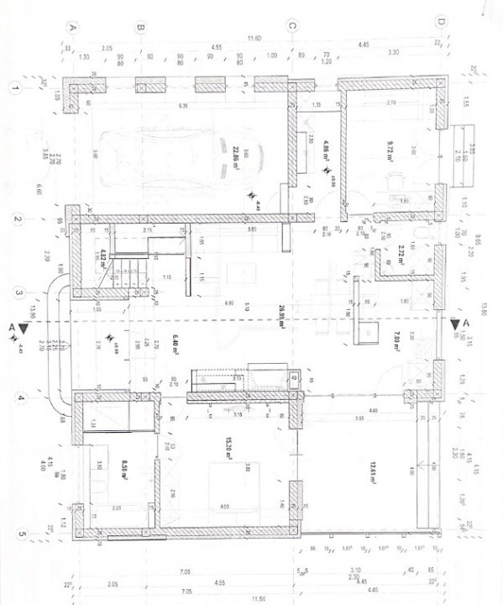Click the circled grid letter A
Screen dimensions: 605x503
pyautogui.click(x=73, y=27)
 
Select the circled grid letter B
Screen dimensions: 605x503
pyautogui.click(x=141, y=27)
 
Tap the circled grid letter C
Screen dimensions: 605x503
pyautogui.click(x=292, y=27)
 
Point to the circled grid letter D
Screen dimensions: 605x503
pyautogui.click(x=439, y=23)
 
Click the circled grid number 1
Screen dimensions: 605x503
pyautogui.click(x=15, y=87)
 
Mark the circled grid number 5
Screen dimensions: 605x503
pyautogui.click(x=15, y=533)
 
